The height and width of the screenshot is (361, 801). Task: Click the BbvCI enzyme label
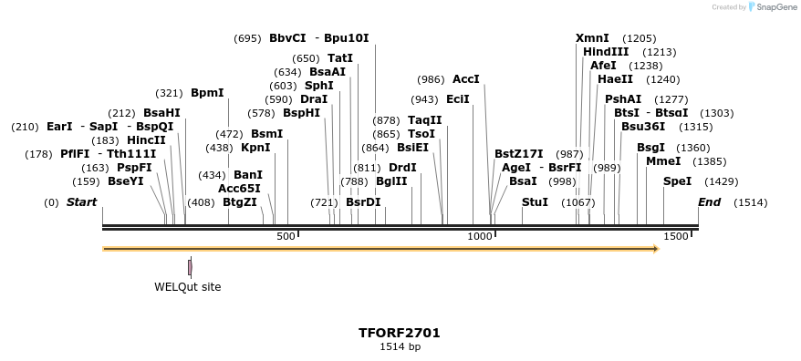point(287,38)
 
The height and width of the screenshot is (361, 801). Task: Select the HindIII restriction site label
point(606,52)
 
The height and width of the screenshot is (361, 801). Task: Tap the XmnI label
point(592,38)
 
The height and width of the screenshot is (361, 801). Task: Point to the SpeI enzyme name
point(677,181)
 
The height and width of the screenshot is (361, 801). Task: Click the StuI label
point(535,202)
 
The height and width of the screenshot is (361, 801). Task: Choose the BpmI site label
point(207,93)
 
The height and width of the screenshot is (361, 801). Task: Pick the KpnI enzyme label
point(255,148)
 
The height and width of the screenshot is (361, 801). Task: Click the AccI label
point(465,79)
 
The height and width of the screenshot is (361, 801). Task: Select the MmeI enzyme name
point(663,161)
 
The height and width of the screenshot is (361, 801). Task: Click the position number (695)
point(247,38)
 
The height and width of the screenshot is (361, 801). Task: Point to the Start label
point(81,202)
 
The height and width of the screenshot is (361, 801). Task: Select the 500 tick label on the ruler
point(286,237)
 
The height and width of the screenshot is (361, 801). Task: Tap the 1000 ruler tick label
point(480,237)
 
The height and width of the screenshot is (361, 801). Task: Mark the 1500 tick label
point(676,237)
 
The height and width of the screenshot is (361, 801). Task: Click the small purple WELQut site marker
point(190,267)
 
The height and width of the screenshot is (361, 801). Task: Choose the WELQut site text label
point(187,287)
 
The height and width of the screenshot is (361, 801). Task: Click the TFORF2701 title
point(400,333)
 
